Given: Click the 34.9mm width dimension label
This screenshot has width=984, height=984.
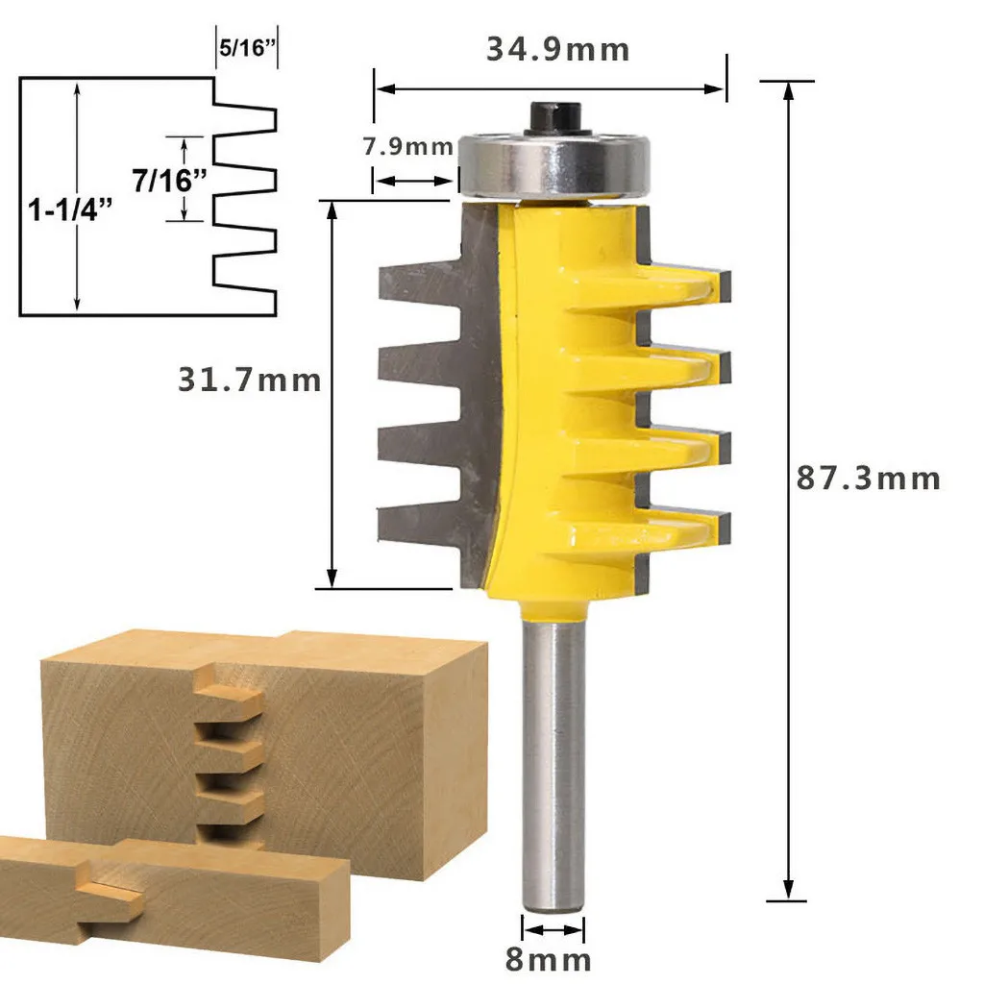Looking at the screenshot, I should [x=557, y=49].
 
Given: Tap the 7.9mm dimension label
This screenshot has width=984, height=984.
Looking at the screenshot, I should [x=407, y=147].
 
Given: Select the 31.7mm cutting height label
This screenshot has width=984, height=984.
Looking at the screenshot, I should [x=249, y=380].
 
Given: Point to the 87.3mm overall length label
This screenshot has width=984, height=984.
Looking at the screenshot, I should [x=868, y=478].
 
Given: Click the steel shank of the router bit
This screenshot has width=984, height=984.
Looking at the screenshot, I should [x=552, y=759].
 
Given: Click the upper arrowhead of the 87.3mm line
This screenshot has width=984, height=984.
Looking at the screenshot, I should [x=788, y=89].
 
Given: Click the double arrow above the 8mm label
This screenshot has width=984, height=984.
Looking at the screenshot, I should [x=553, y=930].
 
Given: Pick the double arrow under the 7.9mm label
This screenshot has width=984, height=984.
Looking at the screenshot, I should [x=413, y=180].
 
